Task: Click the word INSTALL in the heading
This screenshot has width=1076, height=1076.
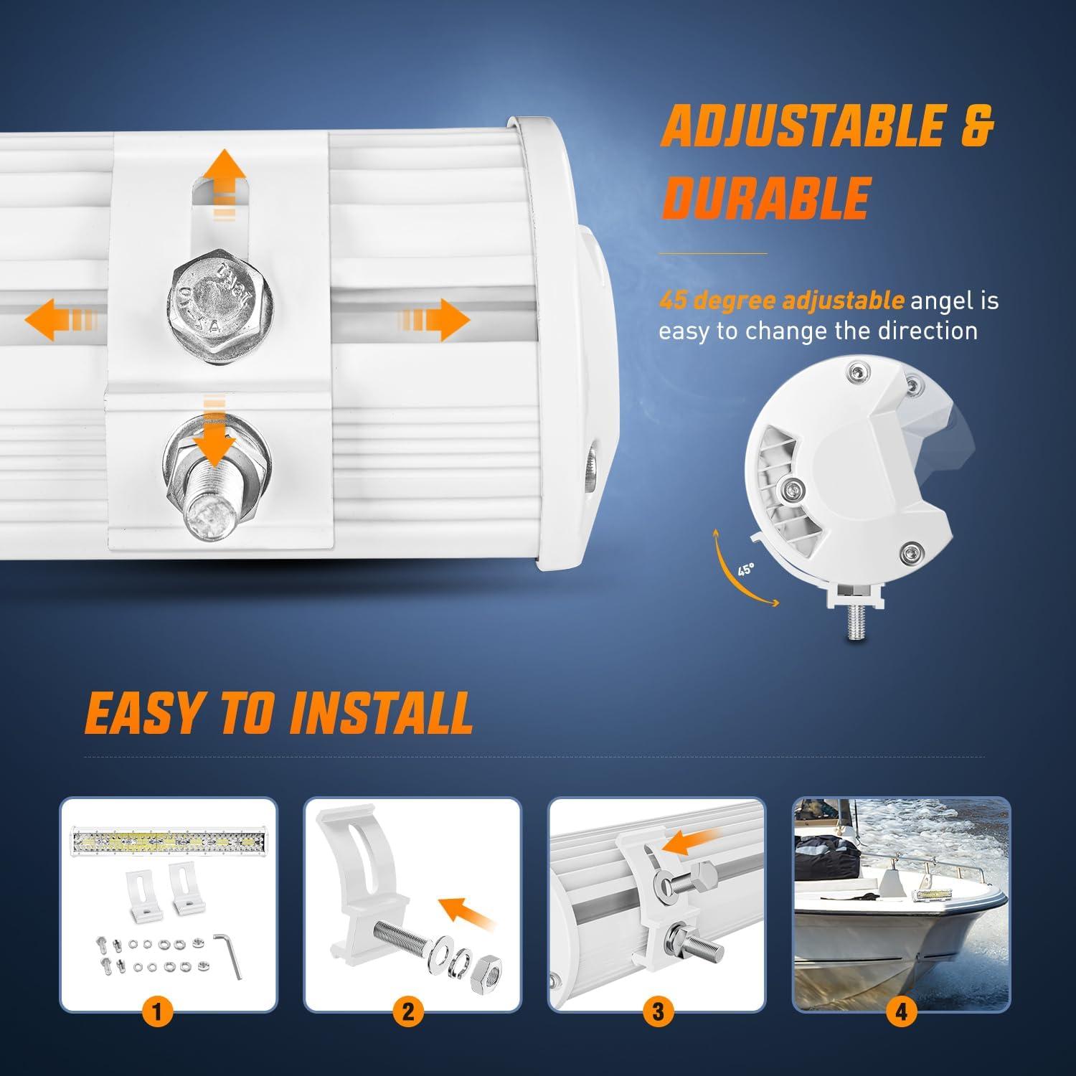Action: point(381,712)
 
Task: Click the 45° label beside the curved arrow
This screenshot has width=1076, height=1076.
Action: point(746,570)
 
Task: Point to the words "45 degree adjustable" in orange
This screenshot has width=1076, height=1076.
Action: point(782,300)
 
